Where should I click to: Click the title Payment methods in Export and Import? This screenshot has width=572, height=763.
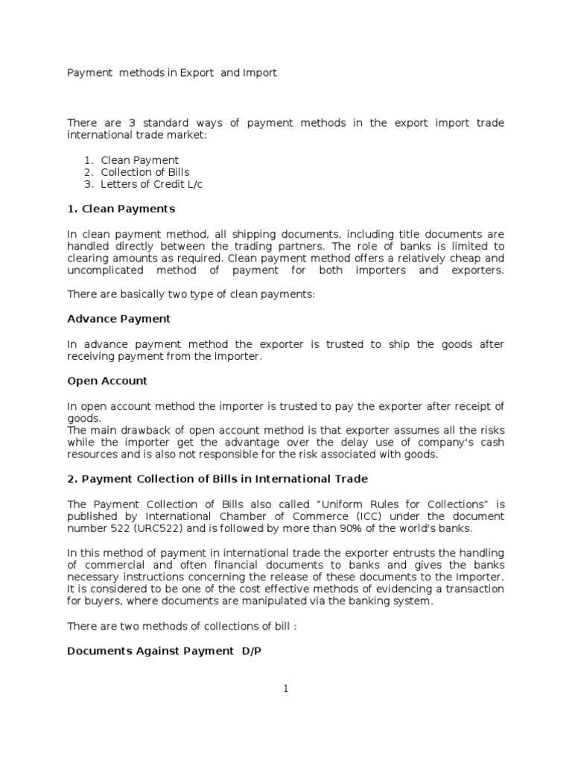(x=172, y=73)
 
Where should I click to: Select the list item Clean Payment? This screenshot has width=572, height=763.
(x=140, y=160)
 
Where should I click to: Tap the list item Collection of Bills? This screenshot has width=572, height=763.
(x=145, y=172)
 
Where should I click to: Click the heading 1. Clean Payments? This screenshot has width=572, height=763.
(x=121, y=209)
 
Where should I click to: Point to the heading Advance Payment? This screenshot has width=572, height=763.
(x=119, y=319)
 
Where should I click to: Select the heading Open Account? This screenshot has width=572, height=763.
(x=107, y=381)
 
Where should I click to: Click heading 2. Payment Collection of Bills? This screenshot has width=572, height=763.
(x=217, y=478)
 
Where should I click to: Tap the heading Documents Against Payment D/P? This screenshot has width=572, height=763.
(x=165, y=650)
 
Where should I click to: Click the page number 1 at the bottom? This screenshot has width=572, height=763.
(x=286, y=689)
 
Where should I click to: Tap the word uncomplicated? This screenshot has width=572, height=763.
(x=102, y=270)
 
